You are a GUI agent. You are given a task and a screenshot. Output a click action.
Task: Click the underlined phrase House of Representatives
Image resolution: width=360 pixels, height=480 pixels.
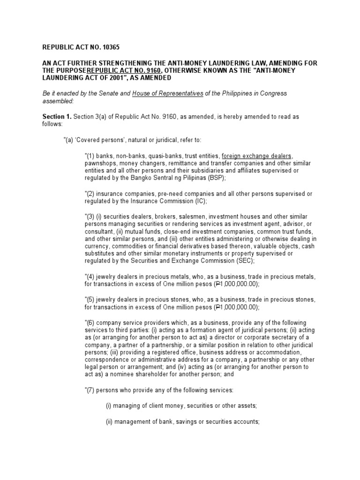[168, 93]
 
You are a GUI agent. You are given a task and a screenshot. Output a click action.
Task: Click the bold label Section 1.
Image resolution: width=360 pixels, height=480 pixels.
[57, 116]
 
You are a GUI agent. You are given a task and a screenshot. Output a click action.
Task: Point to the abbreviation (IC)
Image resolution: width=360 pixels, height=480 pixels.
[199, 201]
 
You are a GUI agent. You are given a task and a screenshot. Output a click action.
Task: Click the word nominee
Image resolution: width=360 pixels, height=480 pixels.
[119, 375]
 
